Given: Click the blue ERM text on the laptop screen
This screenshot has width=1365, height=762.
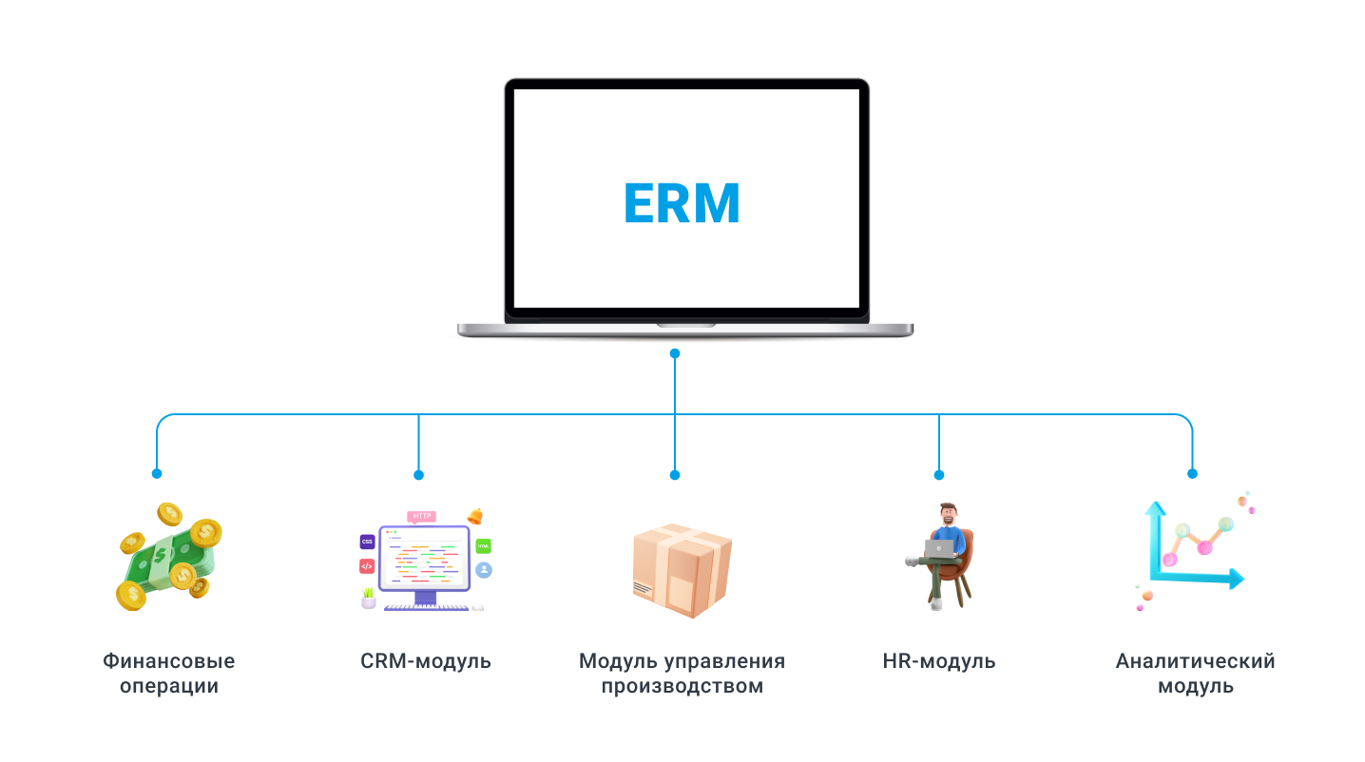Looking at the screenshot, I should pos(682,202).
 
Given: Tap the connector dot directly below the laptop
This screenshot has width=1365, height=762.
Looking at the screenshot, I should pos(675,353).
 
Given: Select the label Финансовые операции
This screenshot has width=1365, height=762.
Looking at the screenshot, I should pos(169,673).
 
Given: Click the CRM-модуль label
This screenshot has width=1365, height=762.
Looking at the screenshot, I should pos(426,661).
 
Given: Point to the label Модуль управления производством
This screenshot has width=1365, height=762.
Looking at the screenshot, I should pos(682,673).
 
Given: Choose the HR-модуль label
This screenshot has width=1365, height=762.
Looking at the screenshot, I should pos(939,661).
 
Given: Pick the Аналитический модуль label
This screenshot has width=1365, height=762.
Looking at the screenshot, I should pos(1195,673).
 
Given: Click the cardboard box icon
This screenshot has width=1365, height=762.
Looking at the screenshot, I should pos(682,569).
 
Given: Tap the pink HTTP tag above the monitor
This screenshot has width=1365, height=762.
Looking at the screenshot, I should pos(422,516).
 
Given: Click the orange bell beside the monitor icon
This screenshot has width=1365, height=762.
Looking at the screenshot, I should pos(474,516).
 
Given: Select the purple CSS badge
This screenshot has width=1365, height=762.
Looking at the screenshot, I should pos(367,542).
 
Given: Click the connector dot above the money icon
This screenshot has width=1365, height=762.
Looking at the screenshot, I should pos(157,473).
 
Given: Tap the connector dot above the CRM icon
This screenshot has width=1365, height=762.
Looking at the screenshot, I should pos(418,474).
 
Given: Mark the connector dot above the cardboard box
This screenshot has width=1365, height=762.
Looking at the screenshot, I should pos(675,474).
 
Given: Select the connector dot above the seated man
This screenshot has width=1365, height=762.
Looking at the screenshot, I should pos(939,474).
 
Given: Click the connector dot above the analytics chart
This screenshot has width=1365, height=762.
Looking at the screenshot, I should pos(1192,473).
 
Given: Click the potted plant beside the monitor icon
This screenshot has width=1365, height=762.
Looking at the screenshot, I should pos(368,598).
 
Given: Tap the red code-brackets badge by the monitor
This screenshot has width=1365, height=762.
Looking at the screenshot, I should pos(367,566).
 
